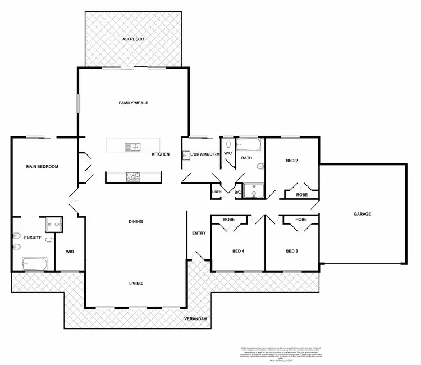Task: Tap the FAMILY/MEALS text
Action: tap(133, 103)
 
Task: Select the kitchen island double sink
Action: tap(133, 147)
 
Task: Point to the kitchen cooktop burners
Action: tap(133, 177)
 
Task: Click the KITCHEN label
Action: tap(161, 154)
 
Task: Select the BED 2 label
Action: tap(292, 161)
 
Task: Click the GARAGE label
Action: tap(362, 214)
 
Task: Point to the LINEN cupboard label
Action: tap(217, 193)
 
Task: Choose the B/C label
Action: tap(238, 193)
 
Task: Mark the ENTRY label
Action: tap(199, 233)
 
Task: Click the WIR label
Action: tap(70, 252)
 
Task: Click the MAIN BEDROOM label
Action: tap(42, 167)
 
